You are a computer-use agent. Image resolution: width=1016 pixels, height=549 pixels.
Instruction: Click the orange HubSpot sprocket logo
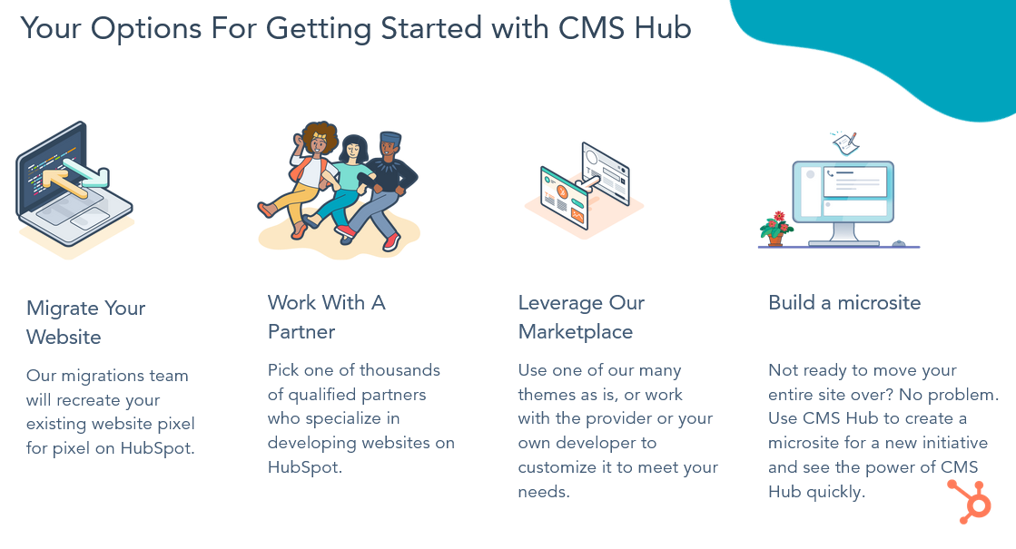970,501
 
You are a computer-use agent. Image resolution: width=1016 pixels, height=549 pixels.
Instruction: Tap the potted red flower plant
775,229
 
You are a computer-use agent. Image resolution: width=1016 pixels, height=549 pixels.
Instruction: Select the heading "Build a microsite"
844,302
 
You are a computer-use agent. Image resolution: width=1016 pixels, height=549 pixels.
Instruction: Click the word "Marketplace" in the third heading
576,331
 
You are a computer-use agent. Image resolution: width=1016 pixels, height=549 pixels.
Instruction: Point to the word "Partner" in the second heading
301,331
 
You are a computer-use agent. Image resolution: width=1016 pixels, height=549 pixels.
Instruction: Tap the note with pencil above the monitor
845,143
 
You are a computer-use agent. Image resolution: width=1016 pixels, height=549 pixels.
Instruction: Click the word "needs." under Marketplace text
544,492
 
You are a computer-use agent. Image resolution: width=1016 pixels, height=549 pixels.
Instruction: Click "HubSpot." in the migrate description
157,448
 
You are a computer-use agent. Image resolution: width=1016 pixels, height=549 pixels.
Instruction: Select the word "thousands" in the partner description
399,369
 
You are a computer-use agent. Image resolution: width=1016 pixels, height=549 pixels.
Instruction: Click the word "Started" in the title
431,28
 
